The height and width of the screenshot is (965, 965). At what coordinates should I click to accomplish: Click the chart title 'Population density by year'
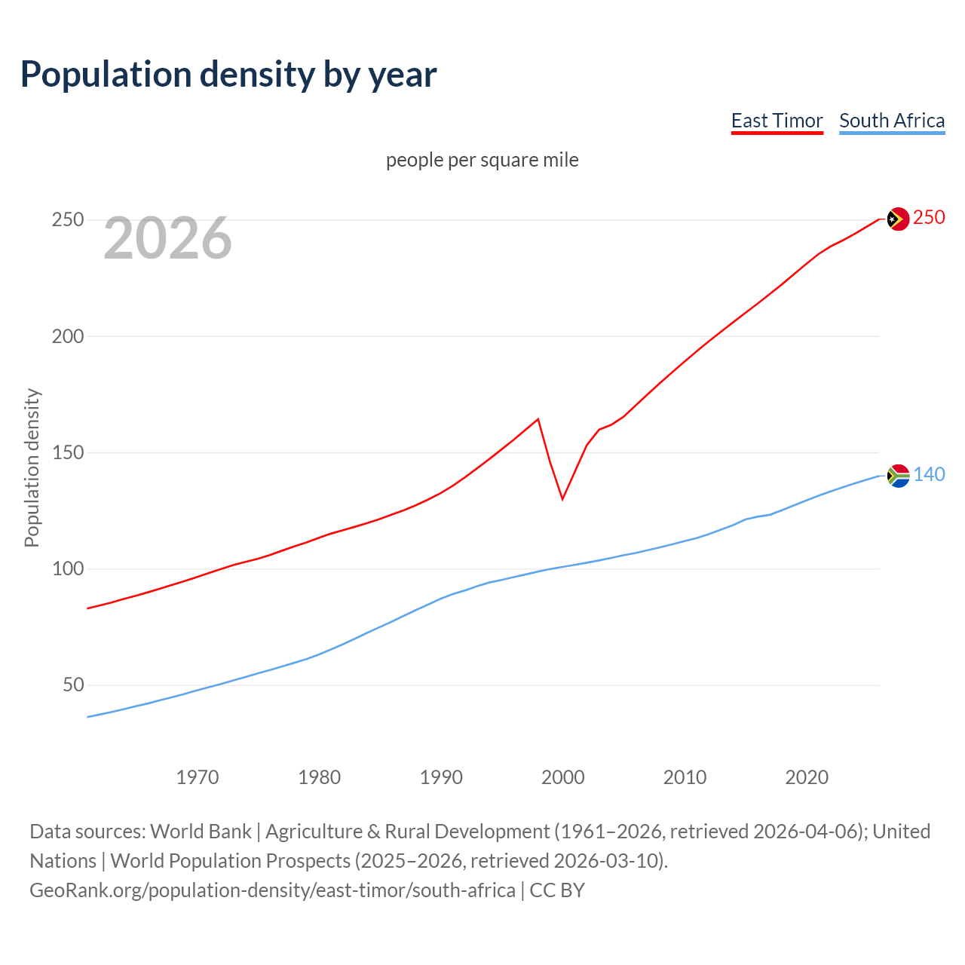pyautogui.click(x=228, y=75)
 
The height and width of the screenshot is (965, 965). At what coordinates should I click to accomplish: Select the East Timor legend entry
pyautogui.click(x=777, y=121)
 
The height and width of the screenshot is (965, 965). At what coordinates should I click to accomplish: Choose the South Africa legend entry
pyautogui.click(x=891, y=121)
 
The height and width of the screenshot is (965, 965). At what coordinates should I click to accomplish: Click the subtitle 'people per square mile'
pyautogui.click(x=482, y=160)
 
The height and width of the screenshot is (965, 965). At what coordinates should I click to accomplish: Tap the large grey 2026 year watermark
pyautogui.click(x=167, y=238)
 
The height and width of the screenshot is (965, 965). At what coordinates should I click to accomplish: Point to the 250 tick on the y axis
pyautogui.click(x=67, y=220)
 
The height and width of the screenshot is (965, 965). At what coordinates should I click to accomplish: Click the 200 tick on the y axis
pyautogui.click(x=67, y=336)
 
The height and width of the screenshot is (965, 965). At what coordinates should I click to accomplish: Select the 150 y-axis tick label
pyautogui.click(x=67, y=452)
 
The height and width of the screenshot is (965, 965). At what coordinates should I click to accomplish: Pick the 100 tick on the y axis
pyautogui.click(x=67, y=568)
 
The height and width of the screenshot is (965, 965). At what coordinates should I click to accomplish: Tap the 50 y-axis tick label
pyautogui.click(x=73, y=685)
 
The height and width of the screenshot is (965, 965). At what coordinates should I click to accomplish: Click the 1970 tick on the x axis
pyautogui.click(x=198, y=777)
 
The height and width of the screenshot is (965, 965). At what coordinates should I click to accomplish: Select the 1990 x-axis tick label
pyautogui.click(x=441, y=777)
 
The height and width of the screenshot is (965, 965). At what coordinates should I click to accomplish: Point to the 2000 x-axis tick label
pyautogui.click(x=563, y=777)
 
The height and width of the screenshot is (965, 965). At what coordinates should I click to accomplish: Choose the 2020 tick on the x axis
pyautogui.click(x=807, y=777)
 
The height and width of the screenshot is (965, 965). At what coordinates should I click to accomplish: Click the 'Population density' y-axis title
pyautogui.click(x=32, y=467)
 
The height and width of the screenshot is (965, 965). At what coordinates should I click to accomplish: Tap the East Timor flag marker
pyautogui.click(x=897, y=219)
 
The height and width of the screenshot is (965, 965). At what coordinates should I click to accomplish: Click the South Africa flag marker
pyautogui.click(x=897, y=476)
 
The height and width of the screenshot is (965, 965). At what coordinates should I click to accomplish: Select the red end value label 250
pyautogui.click(x=929, y=218)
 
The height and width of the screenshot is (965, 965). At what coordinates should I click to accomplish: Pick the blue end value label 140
pyautogui.click(x=929, y=474)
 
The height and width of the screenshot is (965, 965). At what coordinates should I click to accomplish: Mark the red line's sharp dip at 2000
pyautogui.click(x=562, y=498)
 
